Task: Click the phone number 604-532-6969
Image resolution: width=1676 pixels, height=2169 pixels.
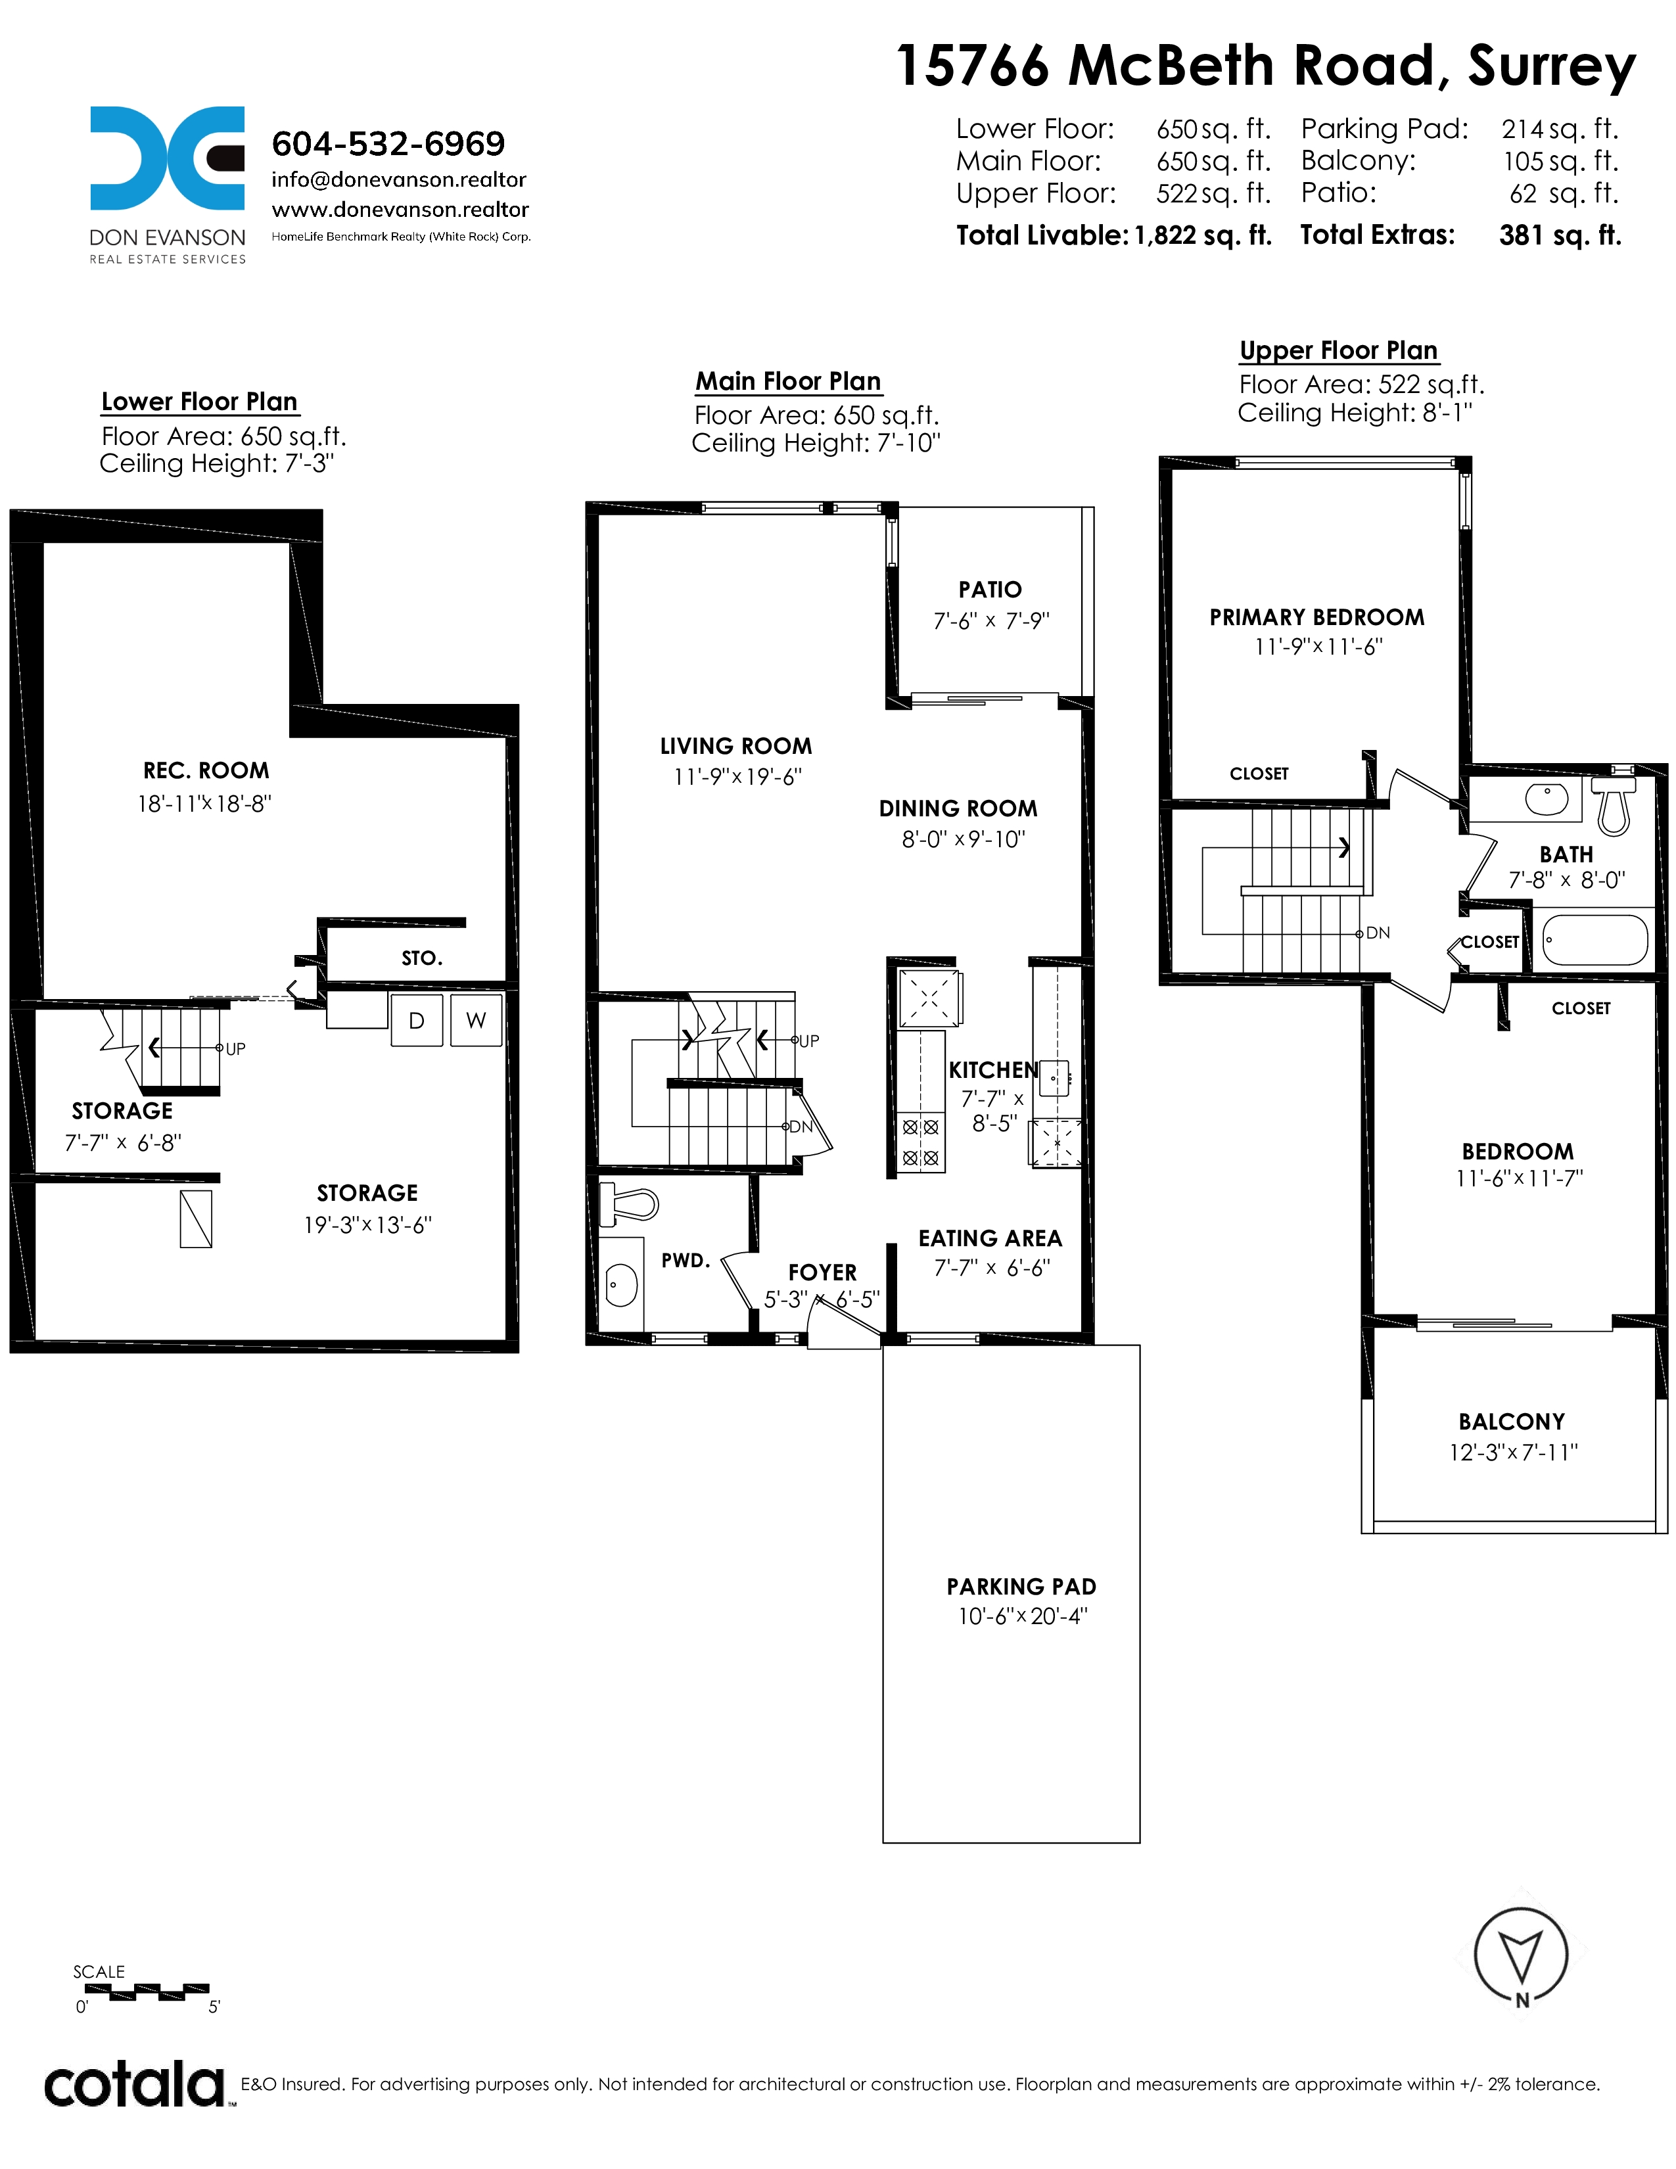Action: click(388, 144)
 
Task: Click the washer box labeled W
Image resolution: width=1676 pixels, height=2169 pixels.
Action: click(477, 1020)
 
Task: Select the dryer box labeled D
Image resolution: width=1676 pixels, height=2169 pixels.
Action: click(417, 1020)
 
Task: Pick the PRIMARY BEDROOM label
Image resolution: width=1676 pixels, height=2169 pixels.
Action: click(1316, 617)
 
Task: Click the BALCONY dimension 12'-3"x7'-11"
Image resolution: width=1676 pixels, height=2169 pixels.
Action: click(1513, 1452)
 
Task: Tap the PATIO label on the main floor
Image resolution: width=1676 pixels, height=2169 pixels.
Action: click(990, 590)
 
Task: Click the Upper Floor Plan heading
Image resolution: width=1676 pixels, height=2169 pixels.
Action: click(1338, 350)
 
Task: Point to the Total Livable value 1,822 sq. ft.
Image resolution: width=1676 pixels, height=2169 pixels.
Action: click(1202, 235)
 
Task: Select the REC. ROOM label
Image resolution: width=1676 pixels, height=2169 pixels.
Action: click(206, 771)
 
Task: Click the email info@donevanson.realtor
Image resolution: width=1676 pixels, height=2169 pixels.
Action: click(399, 179)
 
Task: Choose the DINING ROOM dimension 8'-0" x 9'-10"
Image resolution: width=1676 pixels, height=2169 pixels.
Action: click(963, 839)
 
